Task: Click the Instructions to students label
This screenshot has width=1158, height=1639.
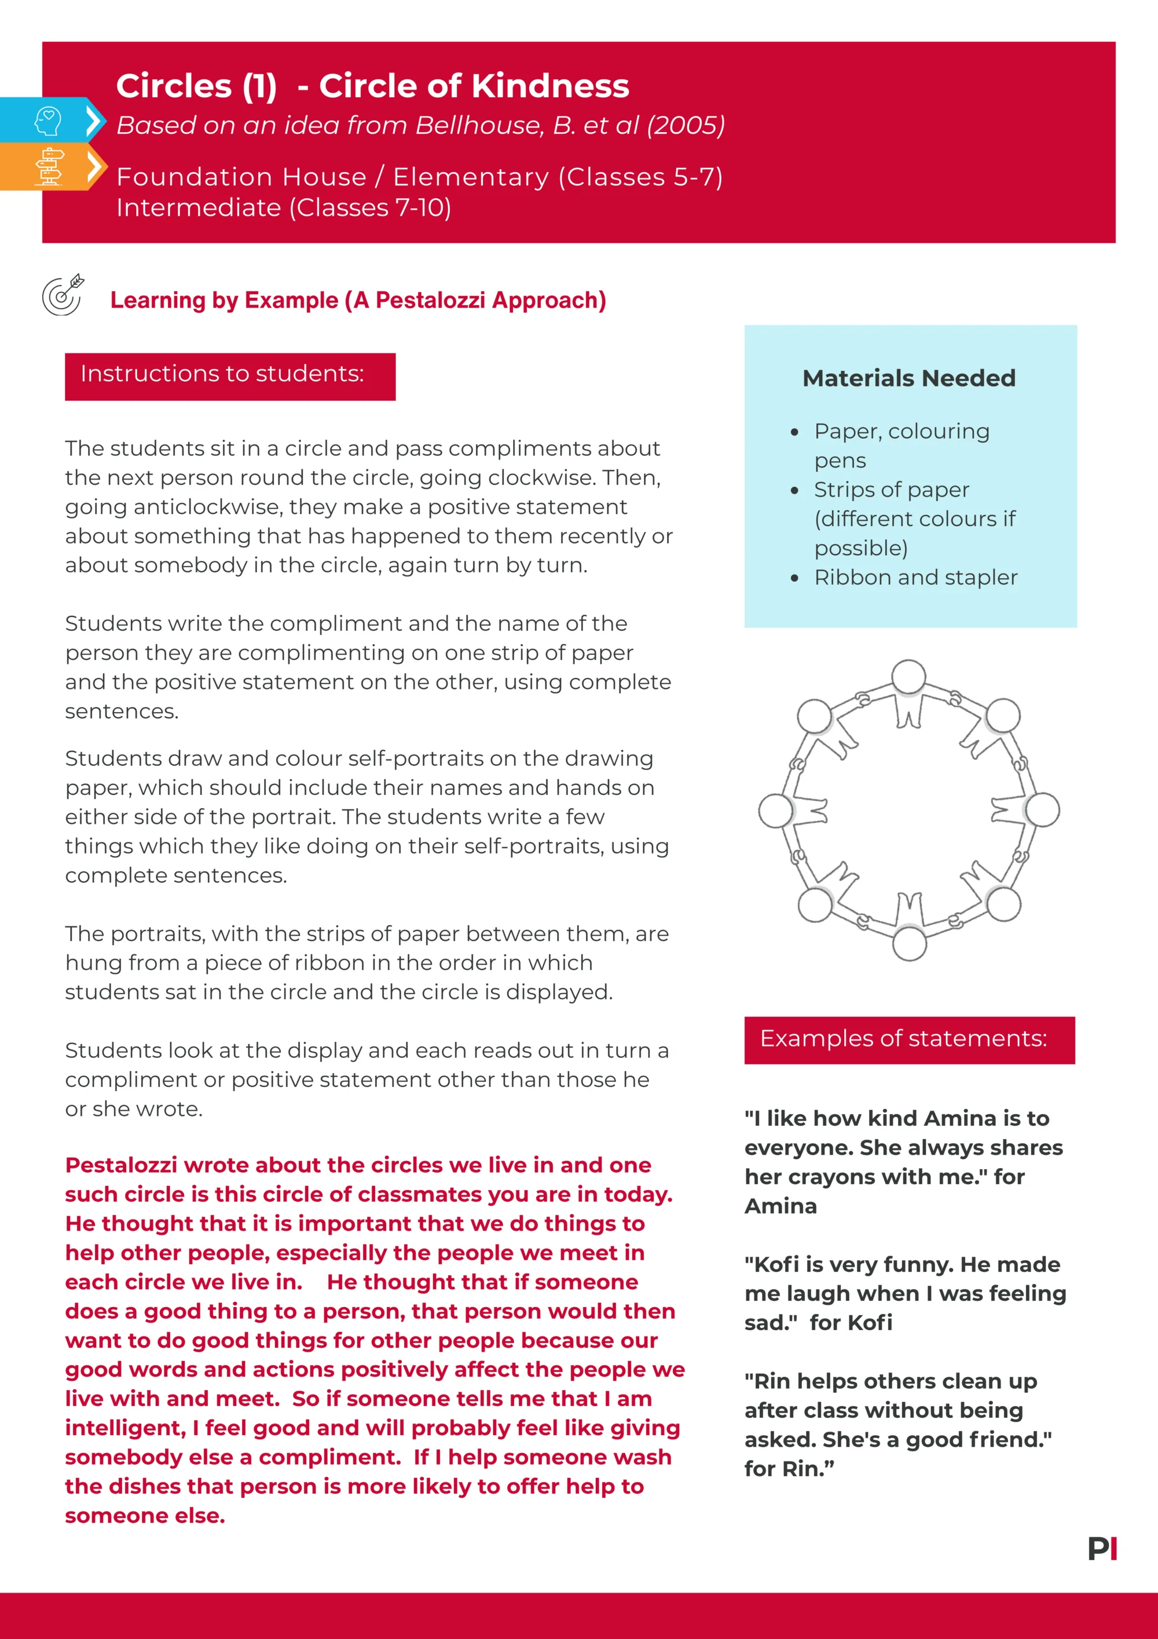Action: [x=222, y=374]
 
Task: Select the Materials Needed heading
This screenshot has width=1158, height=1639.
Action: [x=908, y=378]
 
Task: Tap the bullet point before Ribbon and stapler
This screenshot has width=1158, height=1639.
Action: [x=795, y=578]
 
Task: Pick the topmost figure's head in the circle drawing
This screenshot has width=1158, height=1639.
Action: [x=909, y=677]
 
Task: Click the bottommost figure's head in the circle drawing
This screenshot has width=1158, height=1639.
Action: [x=909, y=943]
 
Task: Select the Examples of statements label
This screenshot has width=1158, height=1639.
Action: [x=903, y=1039]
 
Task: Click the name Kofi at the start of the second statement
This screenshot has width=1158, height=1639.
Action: [x=776, y=1264]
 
